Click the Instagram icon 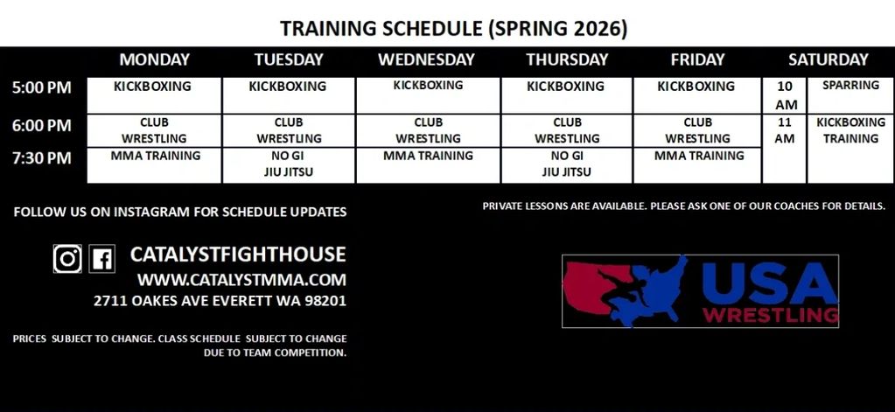[x=67, y=259]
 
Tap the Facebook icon [x=102, y=259]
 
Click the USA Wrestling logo [x=701, y=291]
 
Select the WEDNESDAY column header [x=426, y=59]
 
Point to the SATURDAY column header [x=829, y=59]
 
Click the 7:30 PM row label [x=42, y=158]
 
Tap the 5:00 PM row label [x=42, y=87]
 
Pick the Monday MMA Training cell [x=154, y=166]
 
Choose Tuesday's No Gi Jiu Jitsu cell [x=289, y=166]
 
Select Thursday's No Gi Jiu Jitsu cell [x=567, y=166]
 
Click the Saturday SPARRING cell [x=850, y=96]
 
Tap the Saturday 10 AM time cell [x=785, y=96]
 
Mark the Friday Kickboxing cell [x=697, y=96]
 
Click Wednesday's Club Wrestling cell [x=428, y=131]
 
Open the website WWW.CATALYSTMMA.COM [x=241, y=280]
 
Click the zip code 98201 [x=326, y=301]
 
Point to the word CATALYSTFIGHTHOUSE [x=238, y=255]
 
